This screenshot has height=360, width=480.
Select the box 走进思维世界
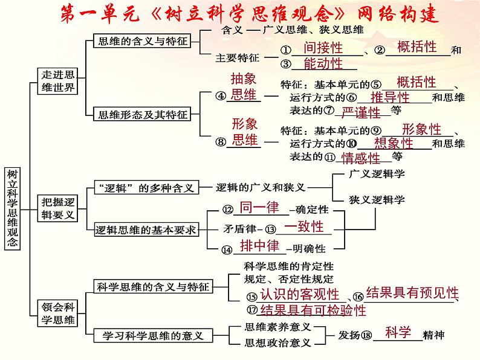(x=57, y=80)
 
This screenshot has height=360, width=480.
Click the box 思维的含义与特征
(x=143, y=42)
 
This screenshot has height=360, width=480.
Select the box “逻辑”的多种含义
(x=145, y=188)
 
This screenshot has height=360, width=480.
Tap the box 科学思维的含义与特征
(x=153, y=286)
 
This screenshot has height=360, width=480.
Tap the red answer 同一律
(x=259, y=207)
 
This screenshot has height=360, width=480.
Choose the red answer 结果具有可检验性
(x=313, y=310)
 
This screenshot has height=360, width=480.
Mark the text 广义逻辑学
(x=377, y=174)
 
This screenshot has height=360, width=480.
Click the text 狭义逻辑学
(x=377, y=199)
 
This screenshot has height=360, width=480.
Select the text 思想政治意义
(x=278, y=342)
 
